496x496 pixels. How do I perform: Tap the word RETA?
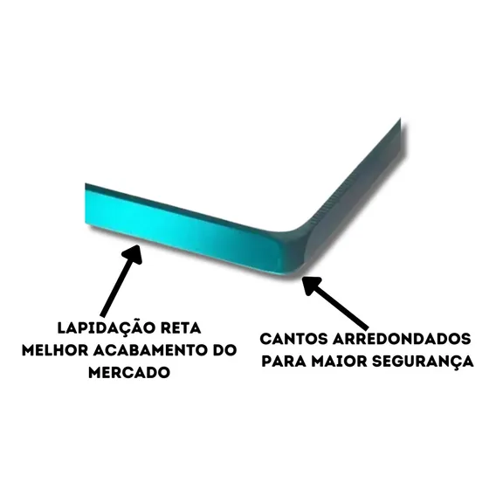[182, 328]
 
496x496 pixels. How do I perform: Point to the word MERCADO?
[129, 372]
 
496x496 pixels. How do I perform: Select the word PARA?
[284, 361]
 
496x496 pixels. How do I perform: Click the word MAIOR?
[339, 361]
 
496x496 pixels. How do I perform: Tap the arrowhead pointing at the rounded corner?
[313, 285]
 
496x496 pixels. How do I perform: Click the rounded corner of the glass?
[298, 250]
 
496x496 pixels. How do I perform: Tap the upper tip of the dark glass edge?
[400, 119]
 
